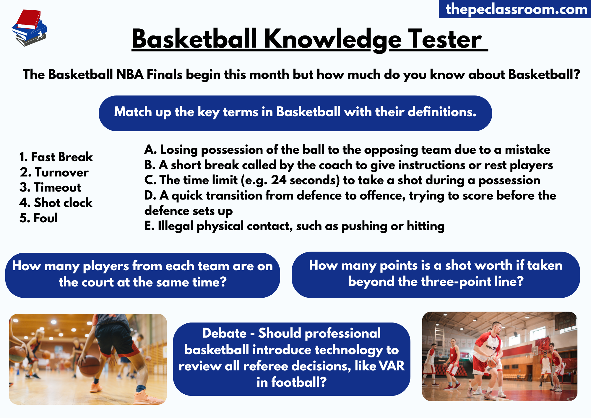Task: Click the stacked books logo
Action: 29,28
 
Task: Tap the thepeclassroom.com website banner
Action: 516,9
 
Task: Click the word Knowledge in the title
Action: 333,40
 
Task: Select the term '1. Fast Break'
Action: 56,157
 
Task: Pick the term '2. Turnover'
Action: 54,172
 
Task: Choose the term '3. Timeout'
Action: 51,187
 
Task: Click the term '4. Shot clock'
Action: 56,203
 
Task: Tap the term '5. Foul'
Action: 39,218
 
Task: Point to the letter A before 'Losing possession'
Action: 150,150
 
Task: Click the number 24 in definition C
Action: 279,180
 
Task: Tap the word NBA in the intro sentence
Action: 130,74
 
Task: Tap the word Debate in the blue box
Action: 224,333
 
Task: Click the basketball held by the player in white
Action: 492,362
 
